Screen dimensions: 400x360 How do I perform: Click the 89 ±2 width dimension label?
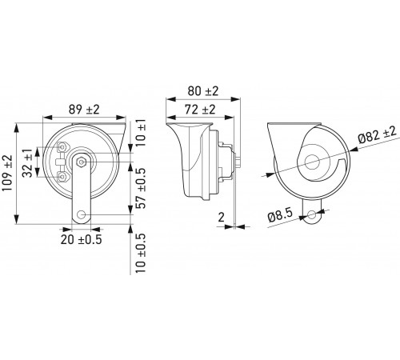[84, 110]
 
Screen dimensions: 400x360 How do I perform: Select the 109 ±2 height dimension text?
[7, 173]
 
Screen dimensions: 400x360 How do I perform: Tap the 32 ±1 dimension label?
[27, 163]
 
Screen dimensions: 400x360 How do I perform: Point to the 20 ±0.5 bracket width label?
[81, 239]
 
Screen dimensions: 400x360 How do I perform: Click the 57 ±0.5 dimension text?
[141, 188]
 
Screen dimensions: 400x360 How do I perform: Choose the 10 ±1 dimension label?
[141, 133]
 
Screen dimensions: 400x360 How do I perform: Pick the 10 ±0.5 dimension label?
[141, 253]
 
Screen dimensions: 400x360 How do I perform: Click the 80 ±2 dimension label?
[203, 91]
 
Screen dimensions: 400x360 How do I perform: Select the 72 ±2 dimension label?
[200, 110]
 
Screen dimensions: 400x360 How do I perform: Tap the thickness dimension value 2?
[222, 218]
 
